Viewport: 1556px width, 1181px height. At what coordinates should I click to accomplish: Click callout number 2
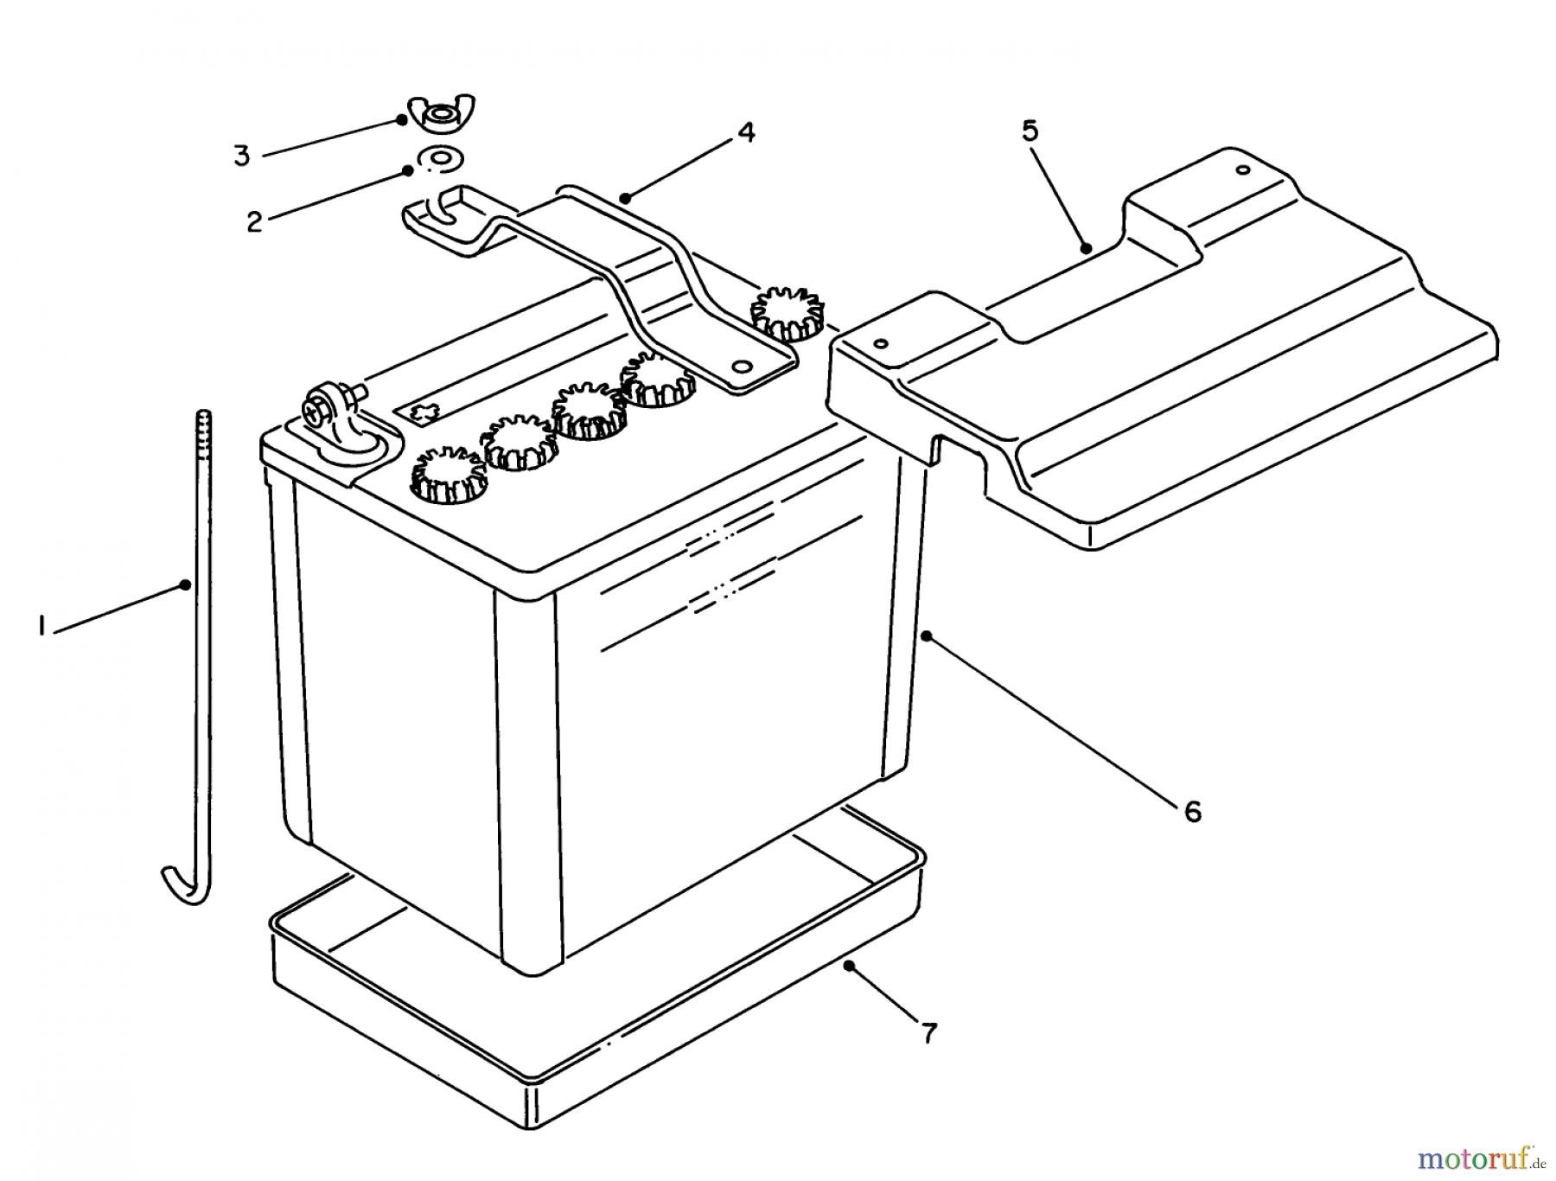253,222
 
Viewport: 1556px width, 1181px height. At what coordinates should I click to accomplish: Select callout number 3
242,156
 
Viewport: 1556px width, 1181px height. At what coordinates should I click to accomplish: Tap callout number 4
745,132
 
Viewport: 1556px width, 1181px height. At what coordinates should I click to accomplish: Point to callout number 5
1029,131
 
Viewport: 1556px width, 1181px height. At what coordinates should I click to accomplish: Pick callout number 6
1192,811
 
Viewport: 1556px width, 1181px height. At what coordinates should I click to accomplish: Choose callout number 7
928,1032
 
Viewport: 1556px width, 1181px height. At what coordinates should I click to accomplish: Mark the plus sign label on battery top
423,412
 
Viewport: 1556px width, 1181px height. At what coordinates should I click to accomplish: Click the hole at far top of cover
1242,169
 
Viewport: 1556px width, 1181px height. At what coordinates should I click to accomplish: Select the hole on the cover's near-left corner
881,344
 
